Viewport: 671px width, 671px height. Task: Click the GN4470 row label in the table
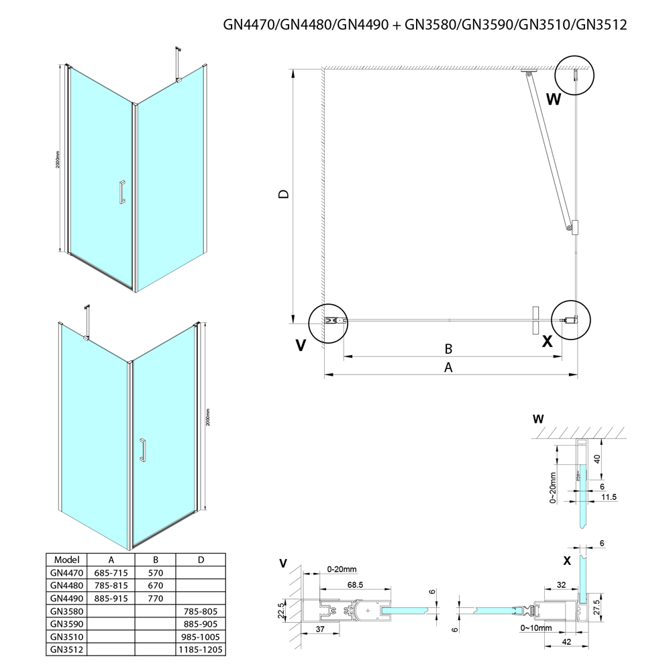tap(66, 573)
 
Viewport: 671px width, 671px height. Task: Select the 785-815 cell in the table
tap(111, 585)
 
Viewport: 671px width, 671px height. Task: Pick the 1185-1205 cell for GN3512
tap(201, 649)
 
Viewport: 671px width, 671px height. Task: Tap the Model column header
tap(66, 560)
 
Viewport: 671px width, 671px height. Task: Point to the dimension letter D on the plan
tap(284, 195)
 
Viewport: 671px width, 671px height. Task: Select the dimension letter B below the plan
tap(449, 349)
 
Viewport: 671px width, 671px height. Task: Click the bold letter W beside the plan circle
tap(554, 100)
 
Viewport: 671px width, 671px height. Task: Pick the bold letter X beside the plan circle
tap(548, 341)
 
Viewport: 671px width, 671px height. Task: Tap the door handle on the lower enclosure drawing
tap(142, 450)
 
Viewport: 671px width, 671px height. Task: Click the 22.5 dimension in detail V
tap(283, 611)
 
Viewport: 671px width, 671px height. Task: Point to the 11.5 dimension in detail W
tap(609, 497)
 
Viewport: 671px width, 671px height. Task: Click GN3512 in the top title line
tap(601, 25)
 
